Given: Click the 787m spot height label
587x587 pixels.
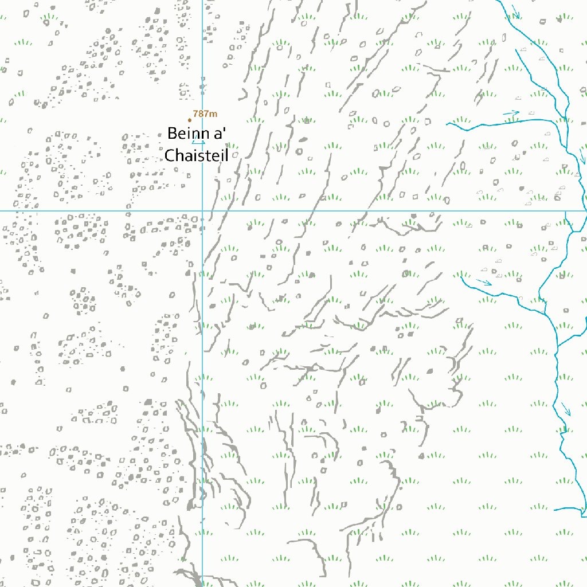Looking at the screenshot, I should (205, 114).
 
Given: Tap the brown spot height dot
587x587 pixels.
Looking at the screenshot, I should (190, 120).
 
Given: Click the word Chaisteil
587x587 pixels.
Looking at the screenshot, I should (197, 155).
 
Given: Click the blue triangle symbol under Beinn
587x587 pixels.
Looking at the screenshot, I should (198, 142).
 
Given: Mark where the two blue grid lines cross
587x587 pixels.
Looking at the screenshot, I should (202, 211).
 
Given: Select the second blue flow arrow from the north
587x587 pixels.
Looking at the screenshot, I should (511, 113).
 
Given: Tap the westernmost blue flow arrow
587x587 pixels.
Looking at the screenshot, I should (484, 281).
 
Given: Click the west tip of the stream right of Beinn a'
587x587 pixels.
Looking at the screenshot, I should (447, 123).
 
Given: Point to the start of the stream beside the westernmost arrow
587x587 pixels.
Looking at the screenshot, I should (461, 278).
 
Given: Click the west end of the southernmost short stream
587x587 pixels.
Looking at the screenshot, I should (554, 508).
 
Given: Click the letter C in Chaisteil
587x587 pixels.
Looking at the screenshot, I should (170, 155).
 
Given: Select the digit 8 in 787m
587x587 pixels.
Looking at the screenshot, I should (202, 114).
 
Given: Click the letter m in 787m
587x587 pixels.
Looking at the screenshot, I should (214, 114).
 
